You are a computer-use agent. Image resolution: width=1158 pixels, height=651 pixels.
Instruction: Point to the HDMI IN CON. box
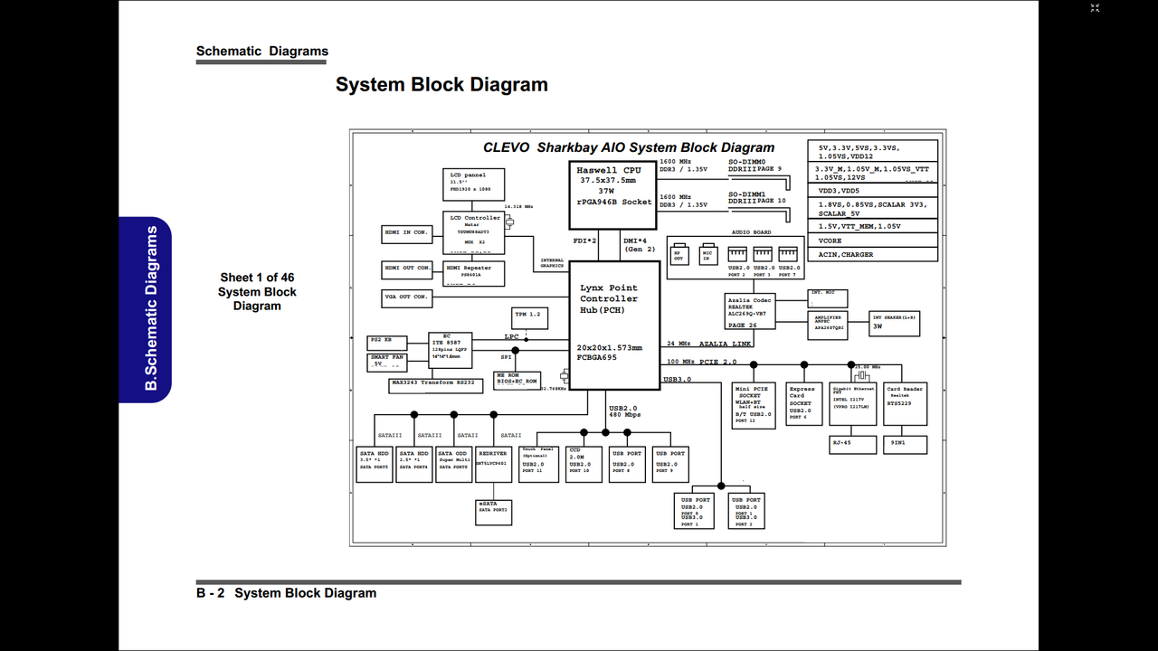click(406, 233)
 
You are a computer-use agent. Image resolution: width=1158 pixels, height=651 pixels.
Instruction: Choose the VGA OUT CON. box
click(406, 297)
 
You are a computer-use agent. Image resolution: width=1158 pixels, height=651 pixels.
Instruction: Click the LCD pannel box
click(473, 184)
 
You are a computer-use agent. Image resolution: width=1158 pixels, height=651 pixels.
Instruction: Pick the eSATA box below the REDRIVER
click(494, 512)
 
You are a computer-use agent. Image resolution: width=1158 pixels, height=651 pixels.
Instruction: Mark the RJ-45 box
click(853, 444)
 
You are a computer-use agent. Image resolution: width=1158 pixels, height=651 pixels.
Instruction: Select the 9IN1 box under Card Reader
click(906, 444)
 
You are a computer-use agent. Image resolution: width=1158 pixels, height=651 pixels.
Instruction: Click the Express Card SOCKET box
click(802, 403)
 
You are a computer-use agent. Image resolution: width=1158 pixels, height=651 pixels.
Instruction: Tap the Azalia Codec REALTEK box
click(751, 311)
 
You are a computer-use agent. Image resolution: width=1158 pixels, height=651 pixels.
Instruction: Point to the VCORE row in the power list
click(872, 241)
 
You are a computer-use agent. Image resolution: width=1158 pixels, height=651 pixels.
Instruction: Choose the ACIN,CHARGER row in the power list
click(872, 254)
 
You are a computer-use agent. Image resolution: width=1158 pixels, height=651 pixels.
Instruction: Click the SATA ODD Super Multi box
click(453, 464)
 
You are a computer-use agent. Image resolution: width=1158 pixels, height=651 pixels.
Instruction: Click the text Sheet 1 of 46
click(257, 278)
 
